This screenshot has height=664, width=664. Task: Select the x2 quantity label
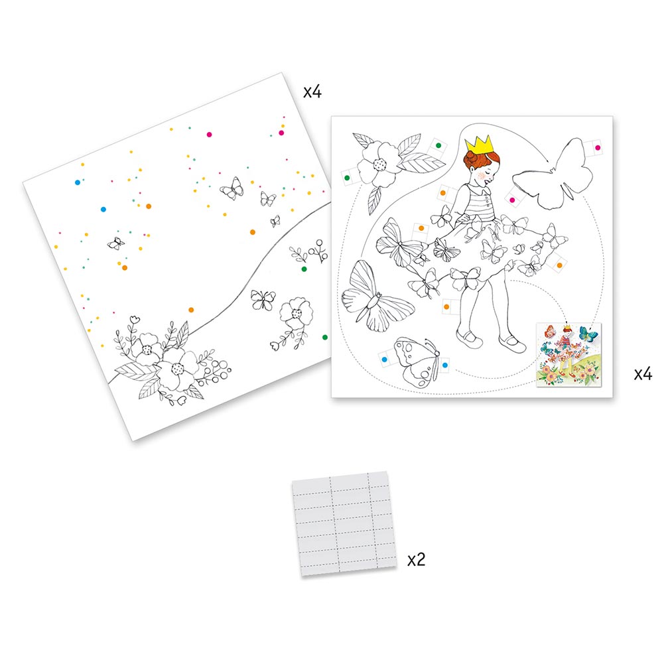tap(416, 560)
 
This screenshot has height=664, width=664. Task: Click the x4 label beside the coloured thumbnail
tap(643, 374)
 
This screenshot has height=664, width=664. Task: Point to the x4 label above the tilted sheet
tap(312, 92)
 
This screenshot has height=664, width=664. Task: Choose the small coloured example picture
tap(568, 355)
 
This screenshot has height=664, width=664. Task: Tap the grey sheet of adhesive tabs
tap(344, 523)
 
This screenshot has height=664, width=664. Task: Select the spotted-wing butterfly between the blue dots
tap(417, 361)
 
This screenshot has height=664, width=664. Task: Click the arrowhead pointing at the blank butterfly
tap(547, 161)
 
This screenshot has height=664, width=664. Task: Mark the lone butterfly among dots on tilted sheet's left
tap(115, 243)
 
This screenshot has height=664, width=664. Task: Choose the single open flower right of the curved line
tap(296, 313)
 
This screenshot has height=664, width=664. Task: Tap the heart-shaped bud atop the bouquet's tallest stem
tap(135, 319)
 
